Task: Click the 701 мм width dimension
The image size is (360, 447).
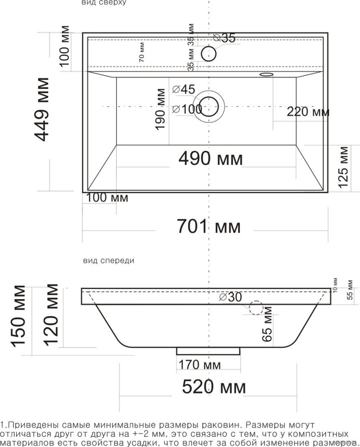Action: [209, 226]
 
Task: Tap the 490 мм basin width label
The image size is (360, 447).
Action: [210, 159]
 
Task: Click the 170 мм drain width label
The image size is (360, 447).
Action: [200, 365]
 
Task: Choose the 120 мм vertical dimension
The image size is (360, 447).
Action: [51, 314]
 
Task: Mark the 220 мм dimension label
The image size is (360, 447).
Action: [307, 112]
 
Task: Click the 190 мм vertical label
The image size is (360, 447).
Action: [160, 109]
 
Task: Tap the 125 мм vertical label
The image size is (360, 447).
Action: [343, 167]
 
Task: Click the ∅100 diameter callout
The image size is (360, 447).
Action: [187, 109]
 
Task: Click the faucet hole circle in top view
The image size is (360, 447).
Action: [209, 53]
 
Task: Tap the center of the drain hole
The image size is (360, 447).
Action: [210, 106]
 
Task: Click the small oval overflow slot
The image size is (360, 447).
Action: [266, 74]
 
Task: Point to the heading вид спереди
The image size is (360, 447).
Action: [108, 260]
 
